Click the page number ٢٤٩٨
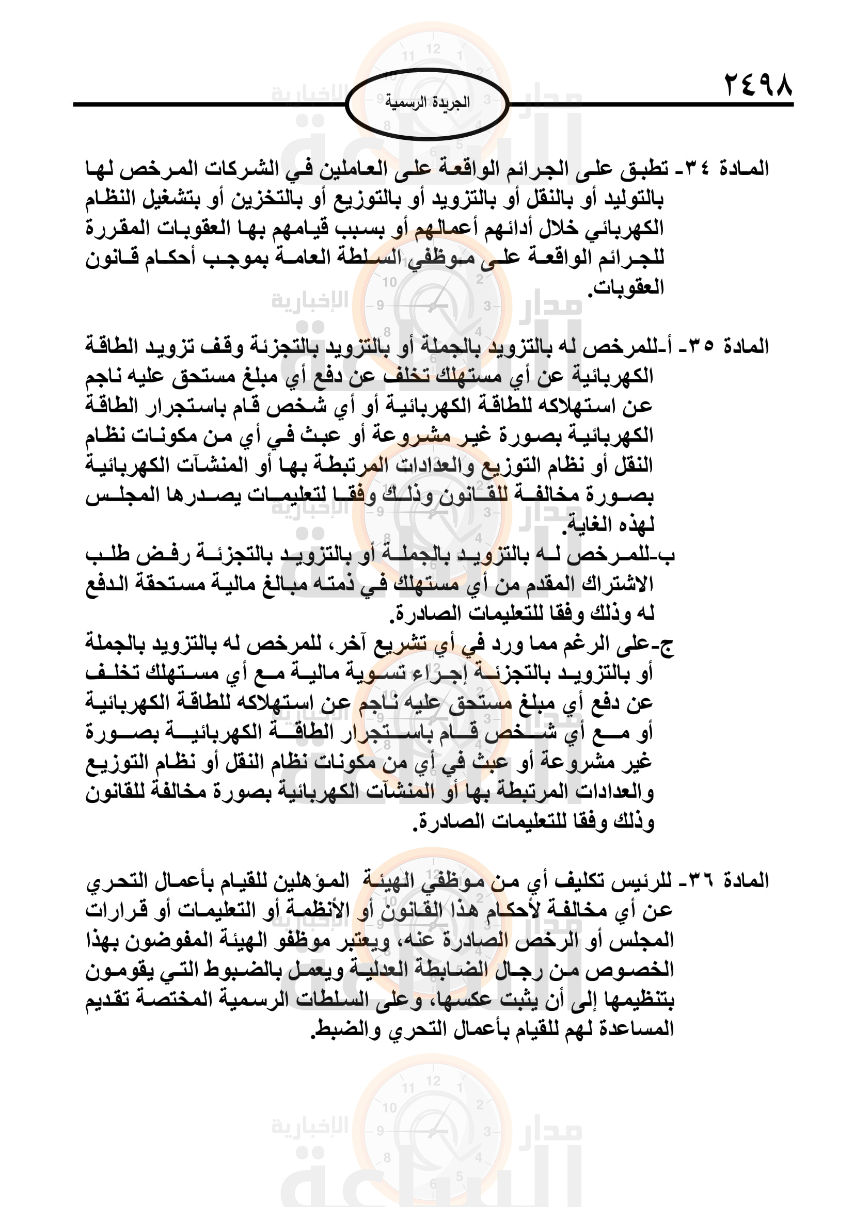click(x=758, y=85)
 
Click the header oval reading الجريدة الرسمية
click(x=427, y=103)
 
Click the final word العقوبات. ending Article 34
click(x=626, y=287)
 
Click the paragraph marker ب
click(x=668, y=555)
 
